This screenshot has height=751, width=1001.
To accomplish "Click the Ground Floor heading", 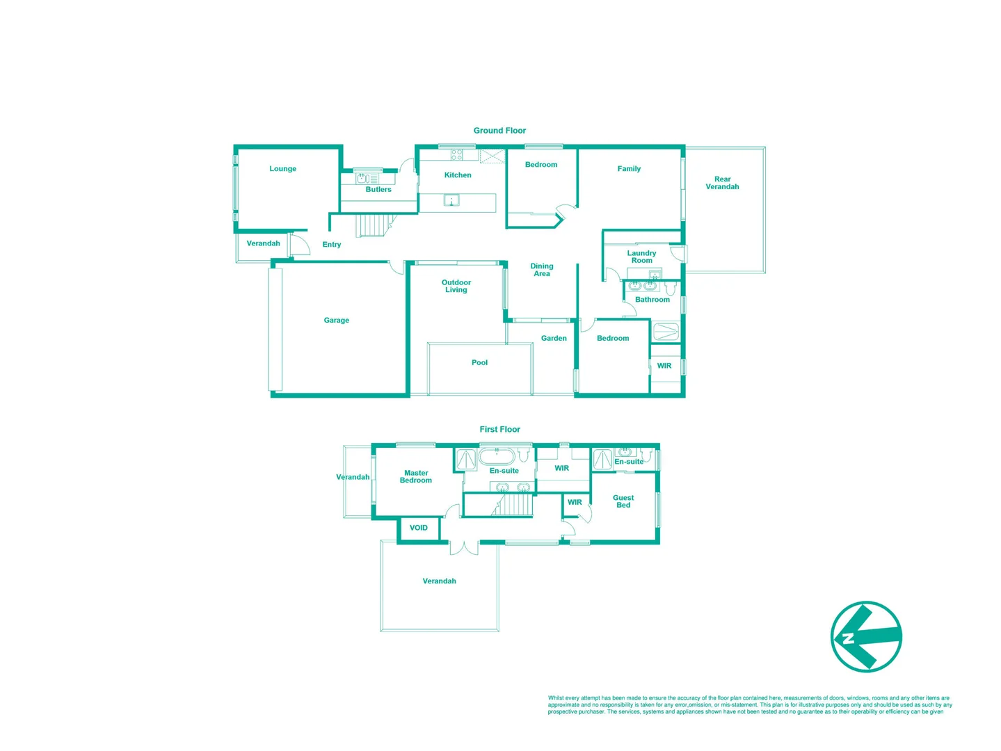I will [x=499, y=131].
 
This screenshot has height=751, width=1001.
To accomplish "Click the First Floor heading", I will [x=499, y=430].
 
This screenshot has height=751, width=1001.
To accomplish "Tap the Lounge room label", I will [x=282, y=169].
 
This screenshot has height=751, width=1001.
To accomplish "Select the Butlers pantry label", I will [x=378, y=190].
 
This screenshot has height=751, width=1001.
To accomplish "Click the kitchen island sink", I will [x=451, y=201].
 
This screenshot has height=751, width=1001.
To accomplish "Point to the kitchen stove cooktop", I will [x=456, y=154].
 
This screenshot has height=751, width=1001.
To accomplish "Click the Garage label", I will [x=336, y=321].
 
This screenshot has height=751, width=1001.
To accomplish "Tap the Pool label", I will [x=479, y=363].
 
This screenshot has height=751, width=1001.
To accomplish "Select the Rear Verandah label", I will [x=722, y=183].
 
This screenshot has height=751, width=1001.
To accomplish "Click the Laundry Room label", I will [x=641, y=257].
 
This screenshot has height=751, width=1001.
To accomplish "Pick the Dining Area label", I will [x=542, y=270].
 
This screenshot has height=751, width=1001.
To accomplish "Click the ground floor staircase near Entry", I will [x=371, y=225].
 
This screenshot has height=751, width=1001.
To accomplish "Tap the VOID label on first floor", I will [x=419, y=528].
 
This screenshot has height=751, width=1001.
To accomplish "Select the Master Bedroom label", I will [x=416, y=477].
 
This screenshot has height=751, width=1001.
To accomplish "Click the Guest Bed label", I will [x=623, y=501].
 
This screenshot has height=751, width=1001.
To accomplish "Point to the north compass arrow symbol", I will [x=866, y=637].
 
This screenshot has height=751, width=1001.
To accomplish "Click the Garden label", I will [x=554, y=339].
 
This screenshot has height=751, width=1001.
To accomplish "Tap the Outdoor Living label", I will [x=456, y=286].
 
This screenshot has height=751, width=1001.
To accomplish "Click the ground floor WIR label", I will [x=664, y=366].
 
